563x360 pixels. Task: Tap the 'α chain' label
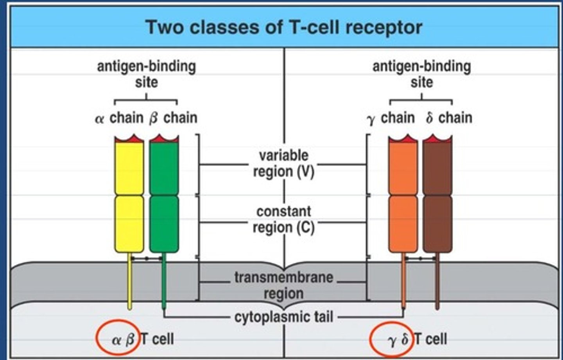click(x=119, y=118)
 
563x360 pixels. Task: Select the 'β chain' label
click(x=173, y=118)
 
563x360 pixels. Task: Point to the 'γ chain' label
click(x=391, y=118)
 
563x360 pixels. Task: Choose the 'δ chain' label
click(x=449, y=118)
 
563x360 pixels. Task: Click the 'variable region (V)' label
click(x=284, y=163)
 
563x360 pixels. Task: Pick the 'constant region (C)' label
click(x=284, y=219)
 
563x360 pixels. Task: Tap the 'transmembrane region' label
click(x=284, y=285)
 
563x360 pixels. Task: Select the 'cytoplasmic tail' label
click(x=284, y=317)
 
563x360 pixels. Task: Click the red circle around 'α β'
click(x=116, y=338)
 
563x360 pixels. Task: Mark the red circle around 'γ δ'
click(x=390, y=339)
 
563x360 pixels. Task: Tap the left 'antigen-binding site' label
click(x=146, y=74)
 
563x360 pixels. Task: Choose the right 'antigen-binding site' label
click(x=421, y=74)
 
